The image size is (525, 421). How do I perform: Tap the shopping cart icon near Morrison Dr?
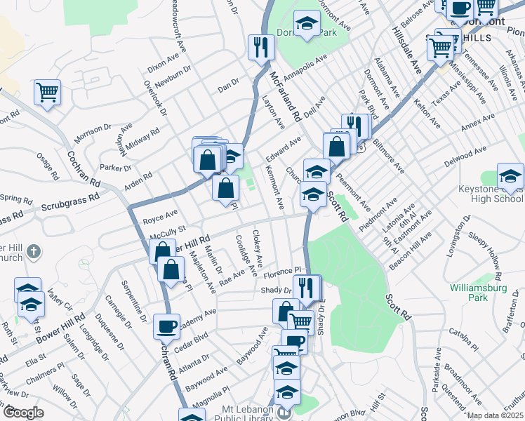pyautogui.click(x=47, y=91)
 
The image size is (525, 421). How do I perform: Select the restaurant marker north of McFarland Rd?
pyautogui.click(x=261, y=47)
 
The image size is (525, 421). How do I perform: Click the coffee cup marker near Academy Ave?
pyautogui.click(x=167, y=326)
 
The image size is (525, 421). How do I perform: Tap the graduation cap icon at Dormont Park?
pyautogui.click(x=307, y=23)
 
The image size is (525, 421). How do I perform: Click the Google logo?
pyautogui.click(x=23, y=413)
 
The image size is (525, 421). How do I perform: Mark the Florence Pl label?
pyautogui.click(x=281, y=270)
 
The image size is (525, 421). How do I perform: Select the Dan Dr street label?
pyautogui.click(x=228, y=87)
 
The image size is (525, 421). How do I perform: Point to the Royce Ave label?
pyautogui.click(x=160, y=215)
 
